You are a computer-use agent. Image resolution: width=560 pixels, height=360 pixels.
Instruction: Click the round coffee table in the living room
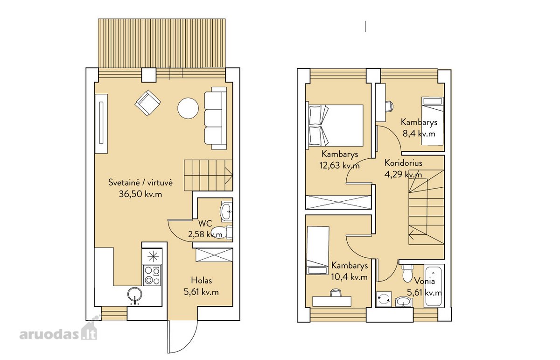188,108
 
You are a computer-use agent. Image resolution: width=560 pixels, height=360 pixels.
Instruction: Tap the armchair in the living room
148,103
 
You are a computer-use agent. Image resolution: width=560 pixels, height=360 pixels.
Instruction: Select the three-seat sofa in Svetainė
216,118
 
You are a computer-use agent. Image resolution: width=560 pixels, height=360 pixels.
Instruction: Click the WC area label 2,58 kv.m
205,234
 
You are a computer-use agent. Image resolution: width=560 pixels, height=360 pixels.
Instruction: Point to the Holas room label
201,280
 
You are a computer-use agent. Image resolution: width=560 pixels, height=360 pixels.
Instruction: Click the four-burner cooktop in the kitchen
152,275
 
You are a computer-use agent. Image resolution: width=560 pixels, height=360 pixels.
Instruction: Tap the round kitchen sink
135,295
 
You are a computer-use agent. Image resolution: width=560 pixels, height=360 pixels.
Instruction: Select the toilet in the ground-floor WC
222,232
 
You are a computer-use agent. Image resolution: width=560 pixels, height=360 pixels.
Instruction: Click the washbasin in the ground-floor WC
226,212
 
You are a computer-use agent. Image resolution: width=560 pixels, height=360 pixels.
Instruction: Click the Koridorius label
403,163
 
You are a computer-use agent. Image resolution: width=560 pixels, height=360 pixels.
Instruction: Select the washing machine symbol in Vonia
384,299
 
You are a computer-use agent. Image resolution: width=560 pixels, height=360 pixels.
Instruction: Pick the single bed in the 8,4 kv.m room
433,121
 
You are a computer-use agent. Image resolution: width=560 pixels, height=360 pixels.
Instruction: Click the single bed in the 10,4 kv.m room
317,250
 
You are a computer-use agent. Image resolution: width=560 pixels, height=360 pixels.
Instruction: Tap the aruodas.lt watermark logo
58,332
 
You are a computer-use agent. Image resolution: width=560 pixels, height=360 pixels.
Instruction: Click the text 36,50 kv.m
140,194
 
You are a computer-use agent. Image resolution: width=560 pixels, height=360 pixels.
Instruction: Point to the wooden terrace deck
162,43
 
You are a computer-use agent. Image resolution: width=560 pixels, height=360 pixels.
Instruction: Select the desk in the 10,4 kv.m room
332,301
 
